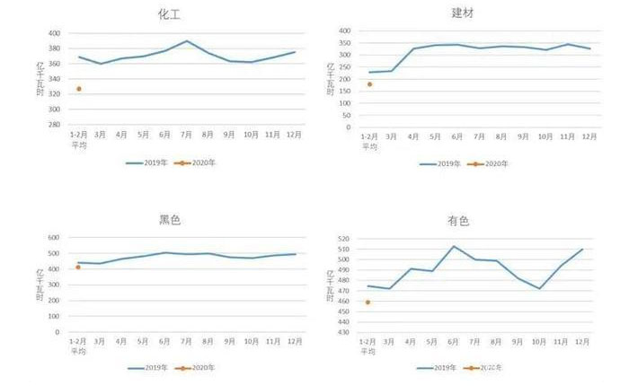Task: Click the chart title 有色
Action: pos(457,220)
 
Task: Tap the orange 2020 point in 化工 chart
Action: pos(79,89)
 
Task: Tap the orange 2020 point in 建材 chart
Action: pos(369,84)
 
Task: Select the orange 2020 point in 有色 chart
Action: pos(368,302)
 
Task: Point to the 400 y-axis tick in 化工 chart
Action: pos(55,33)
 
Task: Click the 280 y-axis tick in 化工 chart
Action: pos(55,125)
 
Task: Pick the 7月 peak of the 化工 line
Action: pos(187,41)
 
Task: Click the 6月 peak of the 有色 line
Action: pos(455,246)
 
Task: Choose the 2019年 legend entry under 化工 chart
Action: pos(146,162)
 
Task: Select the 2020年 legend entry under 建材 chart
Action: pos(491,163)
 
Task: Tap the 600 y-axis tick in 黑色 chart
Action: pos(55,238)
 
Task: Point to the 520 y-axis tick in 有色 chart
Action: pos(343,239)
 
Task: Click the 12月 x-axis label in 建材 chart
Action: pos(589,136)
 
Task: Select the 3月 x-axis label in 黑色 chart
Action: pos(100,342)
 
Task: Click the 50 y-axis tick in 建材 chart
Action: pos(345,117)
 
